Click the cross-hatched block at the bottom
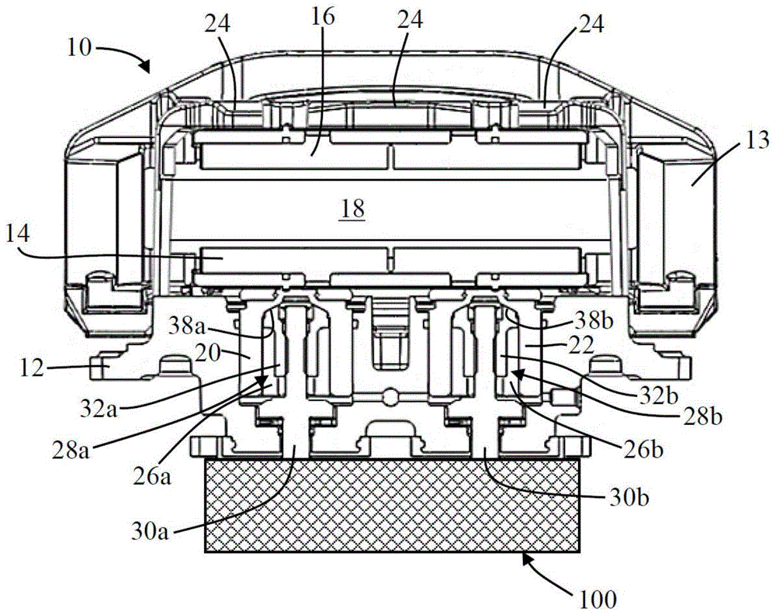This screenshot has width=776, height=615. click(391, 504)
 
